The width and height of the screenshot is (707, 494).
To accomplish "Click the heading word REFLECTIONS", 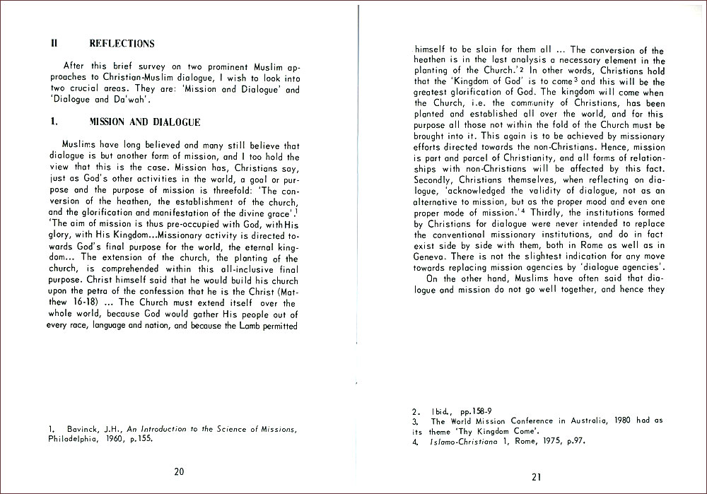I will [122, 44].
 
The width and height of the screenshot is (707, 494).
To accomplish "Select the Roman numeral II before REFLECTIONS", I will [54, 44].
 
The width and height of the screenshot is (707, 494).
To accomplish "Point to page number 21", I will [537, 476].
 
